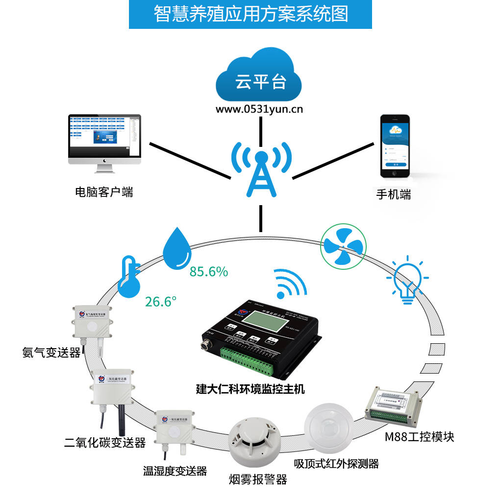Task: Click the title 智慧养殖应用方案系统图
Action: pyautogui.click(x=250, y=14)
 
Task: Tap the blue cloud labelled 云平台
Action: pyautogui.click(x=260, y=79)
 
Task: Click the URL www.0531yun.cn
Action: pyautogui.click(x=259, y=109)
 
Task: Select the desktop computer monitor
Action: pyautogui.click(x=104, y=139)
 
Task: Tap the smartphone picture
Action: pyautogui.click(x=395, y=146)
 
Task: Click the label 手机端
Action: pyautogui.click(x=393, y=194)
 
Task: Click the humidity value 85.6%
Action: pyautogui.click(x=209, y=272)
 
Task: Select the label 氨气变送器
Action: pyautogui.click(x=51, y=352)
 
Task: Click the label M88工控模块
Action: pyautogui.click(x=419, y=436)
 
